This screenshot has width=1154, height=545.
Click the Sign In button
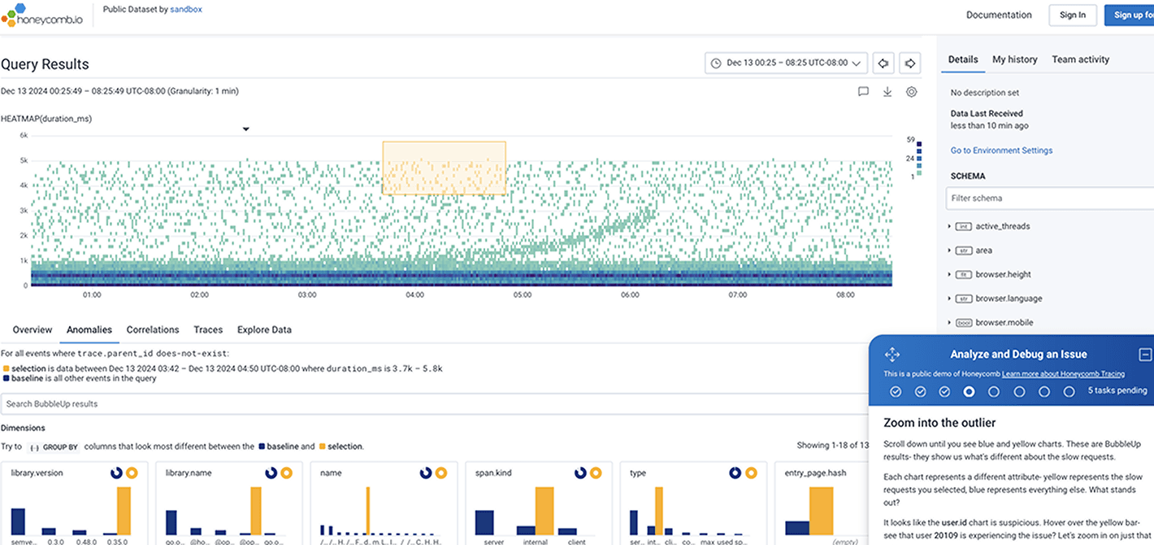point(1073,15)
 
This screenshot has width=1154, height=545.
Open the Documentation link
point(999,15)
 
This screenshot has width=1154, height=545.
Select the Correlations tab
point(153,329)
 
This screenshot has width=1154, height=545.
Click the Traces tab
point(208,329)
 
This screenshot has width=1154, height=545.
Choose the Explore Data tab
point(264,329)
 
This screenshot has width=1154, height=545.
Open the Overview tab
point(33,329)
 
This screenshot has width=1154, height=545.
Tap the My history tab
point(1014,59)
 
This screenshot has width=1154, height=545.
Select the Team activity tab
point(1080,59)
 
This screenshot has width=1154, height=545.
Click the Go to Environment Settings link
point(1001,150)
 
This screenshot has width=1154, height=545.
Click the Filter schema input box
point(1048,198)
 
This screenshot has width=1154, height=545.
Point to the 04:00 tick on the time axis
point(414,294)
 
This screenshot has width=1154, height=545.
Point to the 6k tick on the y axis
point(24,136)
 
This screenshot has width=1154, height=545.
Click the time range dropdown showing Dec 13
point(786,63)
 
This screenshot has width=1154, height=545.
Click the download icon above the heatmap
point(887,92)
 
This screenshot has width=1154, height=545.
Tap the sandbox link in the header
point(186,10)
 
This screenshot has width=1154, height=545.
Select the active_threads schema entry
point(1003,226)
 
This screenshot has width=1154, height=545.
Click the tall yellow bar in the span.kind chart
point(544,510)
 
